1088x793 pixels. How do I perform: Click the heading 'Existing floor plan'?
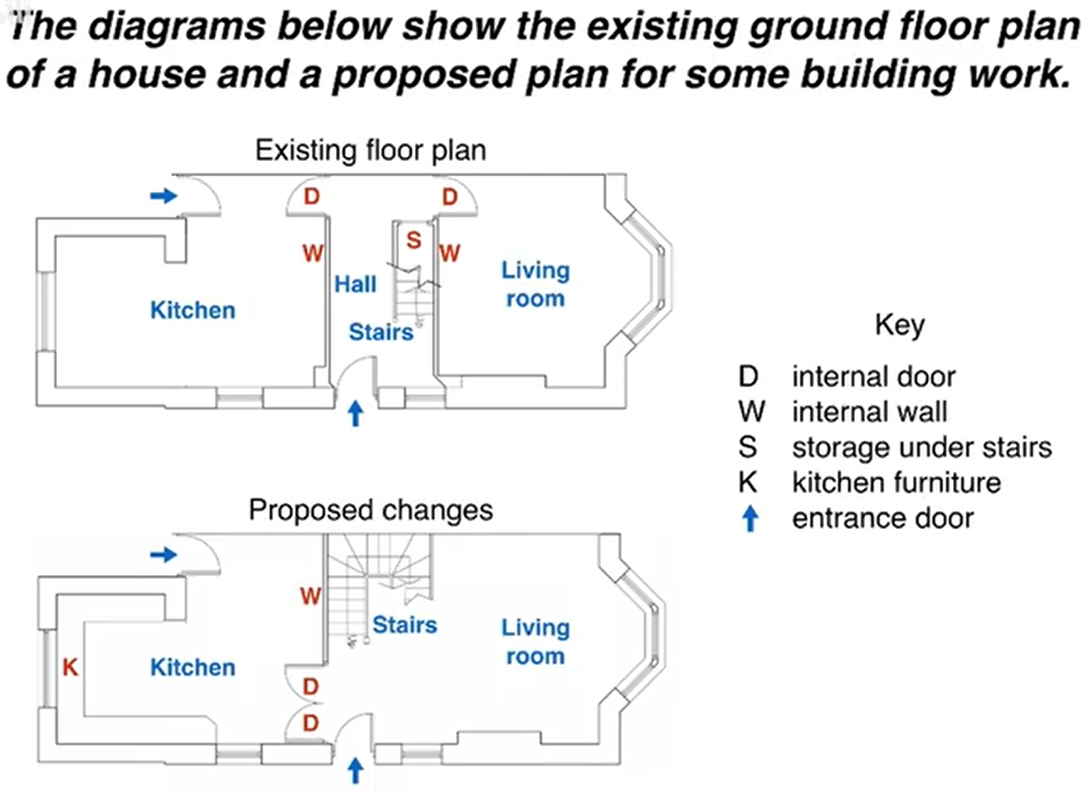pos(370,151)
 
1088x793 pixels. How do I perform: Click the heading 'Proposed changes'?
pos(370,510)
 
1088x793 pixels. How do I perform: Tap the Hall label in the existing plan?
pos(355,284)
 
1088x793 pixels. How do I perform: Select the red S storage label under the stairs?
pos(413,241)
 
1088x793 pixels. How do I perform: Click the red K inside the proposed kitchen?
pos(70,667)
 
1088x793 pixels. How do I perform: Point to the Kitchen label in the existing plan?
pos(193,310)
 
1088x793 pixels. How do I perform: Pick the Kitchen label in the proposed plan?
pos(193,667)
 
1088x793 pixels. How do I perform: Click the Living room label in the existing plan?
pos(535,284)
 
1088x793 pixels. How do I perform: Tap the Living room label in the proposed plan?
pos(535,641)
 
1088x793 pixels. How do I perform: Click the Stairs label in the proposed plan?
pos(404,625)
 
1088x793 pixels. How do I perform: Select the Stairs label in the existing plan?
pos(381,332)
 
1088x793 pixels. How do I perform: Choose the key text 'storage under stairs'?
pos(921,448)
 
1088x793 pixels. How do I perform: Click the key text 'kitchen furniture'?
pos(896,483)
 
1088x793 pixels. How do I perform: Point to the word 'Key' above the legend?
pos(899,324)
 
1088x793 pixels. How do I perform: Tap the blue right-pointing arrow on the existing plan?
pos(163,196)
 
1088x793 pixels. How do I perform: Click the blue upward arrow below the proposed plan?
pos(355,770)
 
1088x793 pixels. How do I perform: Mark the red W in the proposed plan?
pos(310,596)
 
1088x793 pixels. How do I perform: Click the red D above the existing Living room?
pos(450,197)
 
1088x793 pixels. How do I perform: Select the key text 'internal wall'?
pos(869,412)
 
